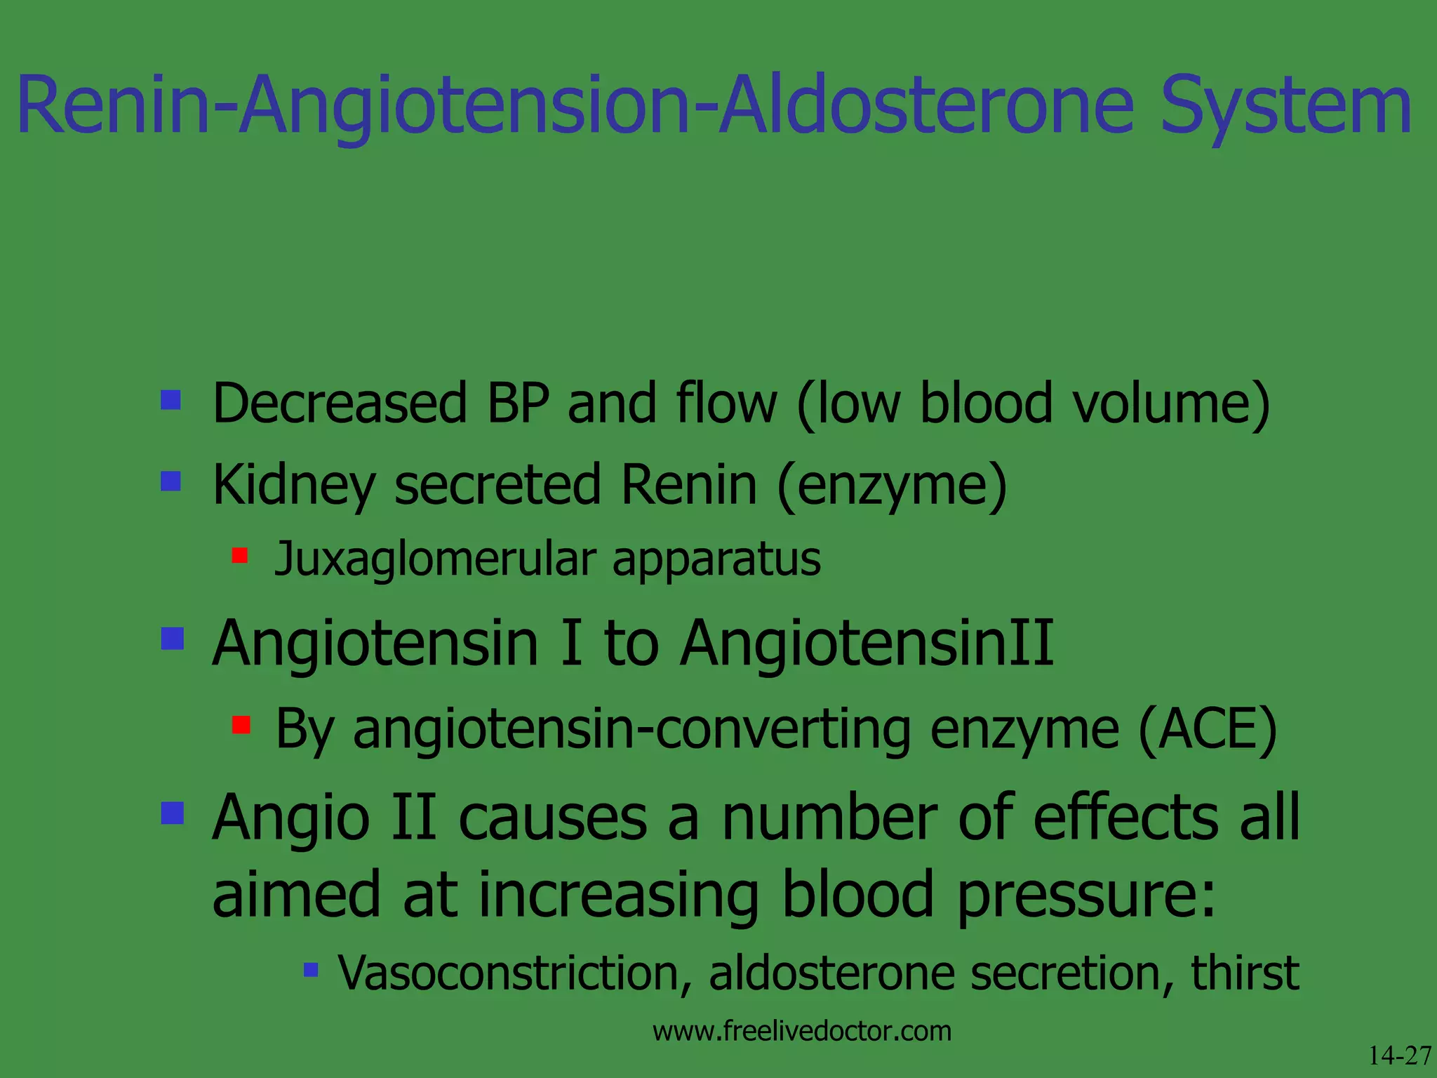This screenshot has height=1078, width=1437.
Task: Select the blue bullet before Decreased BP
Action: [171, 401]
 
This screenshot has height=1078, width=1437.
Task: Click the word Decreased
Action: [340, 404]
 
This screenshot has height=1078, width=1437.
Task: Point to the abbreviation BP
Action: [518, 404]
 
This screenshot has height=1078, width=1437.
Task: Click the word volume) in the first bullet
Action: [1171, 404]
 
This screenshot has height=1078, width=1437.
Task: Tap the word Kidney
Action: [293, 486]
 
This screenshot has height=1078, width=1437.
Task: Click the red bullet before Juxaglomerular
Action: [240, 557]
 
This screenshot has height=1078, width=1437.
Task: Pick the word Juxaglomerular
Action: [435, 560]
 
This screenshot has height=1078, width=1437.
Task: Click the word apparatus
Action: [716, 560]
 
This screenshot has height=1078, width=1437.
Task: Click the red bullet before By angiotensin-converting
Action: [241, 724]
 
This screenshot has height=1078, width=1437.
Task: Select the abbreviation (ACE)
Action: [1208, 730]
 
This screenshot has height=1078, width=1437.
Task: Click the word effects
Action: [1126, 818]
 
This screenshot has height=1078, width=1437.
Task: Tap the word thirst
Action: [1245, 973]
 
